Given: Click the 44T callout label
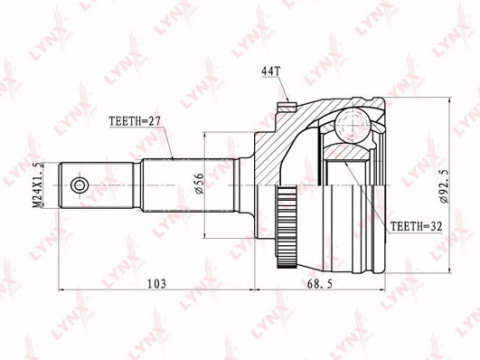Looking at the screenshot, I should pyautogui.click(x=271, y=70).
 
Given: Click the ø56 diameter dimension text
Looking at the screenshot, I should pyautogui.click(x=198, y=185).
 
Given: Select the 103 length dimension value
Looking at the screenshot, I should pyautogui.click(x=155, y=284).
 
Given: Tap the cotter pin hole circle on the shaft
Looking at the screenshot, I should pyautogui.click(x=79, y=185).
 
